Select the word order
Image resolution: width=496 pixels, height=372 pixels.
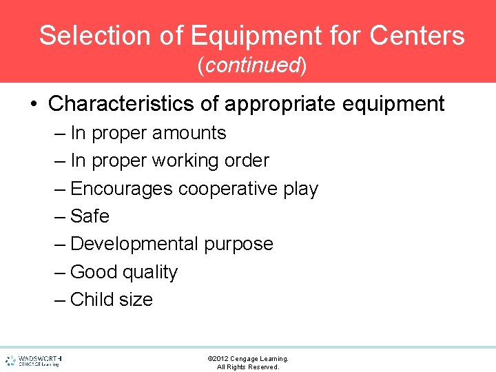tap(247, 161)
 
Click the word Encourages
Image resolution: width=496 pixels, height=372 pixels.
tap(122, 188)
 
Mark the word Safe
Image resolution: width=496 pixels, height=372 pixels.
tap(90, 216)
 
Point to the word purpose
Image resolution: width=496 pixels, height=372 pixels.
tap(238, 244)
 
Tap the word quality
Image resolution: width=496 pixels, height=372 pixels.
tap(151, 272)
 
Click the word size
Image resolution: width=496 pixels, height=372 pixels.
tap(136, 300)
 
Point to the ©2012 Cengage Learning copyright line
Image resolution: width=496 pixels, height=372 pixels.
tap(248, 358)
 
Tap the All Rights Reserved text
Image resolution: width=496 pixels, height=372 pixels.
tap(248, 367)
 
